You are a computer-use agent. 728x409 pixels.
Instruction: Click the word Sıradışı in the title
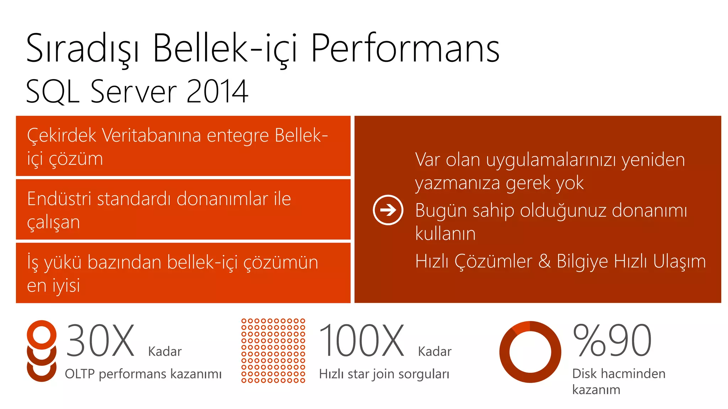click(82, 49)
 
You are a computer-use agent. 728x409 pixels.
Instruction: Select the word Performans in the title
click(405, 49)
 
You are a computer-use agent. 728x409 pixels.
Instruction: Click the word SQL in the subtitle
click(53, 92)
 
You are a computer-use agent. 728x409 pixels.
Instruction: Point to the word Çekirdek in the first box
click(61, 136)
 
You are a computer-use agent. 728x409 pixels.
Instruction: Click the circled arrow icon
click(388, 210)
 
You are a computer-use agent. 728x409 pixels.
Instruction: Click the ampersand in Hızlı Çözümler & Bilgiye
click(544, 261)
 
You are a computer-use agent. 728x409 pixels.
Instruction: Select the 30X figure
click(100, 341)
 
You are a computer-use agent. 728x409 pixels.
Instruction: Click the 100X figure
click(362, 341)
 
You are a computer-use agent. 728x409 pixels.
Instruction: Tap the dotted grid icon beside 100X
click(273, 351)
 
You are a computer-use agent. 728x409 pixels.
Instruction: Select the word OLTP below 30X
click(80, 374)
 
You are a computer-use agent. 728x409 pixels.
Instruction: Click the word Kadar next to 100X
click(434, 351)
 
